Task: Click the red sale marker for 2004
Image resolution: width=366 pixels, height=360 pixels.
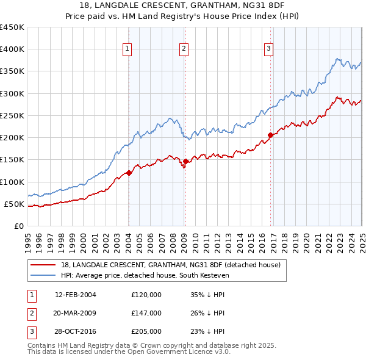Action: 129,173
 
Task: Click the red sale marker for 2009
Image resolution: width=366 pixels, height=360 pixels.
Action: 185,161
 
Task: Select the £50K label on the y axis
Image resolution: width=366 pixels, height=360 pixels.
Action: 14,204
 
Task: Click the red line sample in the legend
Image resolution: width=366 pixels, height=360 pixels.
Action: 42,265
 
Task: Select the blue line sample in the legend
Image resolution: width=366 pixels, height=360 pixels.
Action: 42,275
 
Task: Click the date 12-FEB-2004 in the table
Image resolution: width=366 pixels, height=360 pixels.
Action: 76,295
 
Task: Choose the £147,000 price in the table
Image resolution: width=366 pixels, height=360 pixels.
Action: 146,313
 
